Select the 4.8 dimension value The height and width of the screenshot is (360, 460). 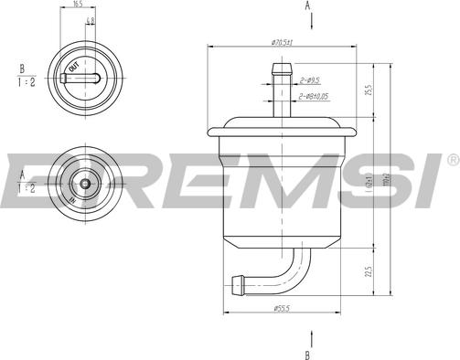tap(89, 19)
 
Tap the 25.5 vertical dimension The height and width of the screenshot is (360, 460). tap(369, 92)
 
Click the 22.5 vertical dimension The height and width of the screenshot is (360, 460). tap(369, 272)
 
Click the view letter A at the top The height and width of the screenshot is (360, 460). tap(307, 6)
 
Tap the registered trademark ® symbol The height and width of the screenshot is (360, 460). tap(452, 160)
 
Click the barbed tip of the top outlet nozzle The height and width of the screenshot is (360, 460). tap(282, 66)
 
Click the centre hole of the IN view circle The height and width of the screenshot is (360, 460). tap(84, 183)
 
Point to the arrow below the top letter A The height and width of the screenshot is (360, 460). tap(307, 22)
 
